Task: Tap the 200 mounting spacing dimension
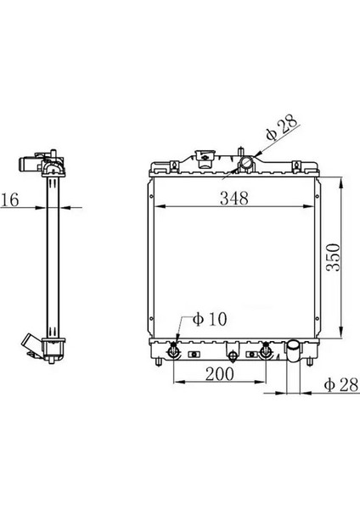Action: [x=219, y=372]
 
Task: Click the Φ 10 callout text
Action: [x=209, y=319]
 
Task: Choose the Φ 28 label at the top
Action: [x=282, y=131]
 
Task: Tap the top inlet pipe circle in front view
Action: [x=246, y=162]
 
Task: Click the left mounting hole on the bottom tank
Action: [x=174, y=350]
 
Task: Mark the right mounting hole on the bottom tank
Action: [x=267, y=350]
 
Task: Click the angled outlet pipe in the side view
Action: [x=29, y=347]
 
